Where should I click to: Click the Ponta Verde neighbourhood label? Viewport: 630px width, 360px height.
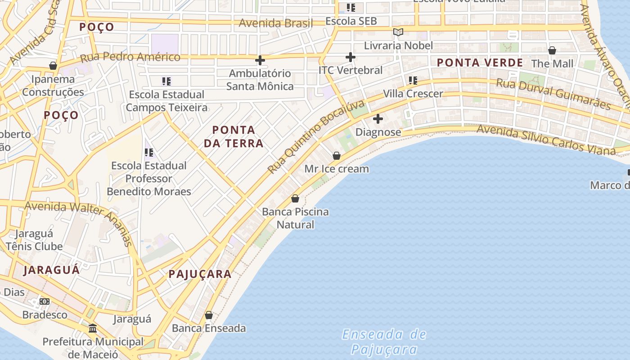480,63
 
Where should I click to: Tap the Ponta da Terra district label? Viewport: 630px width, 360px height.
234,137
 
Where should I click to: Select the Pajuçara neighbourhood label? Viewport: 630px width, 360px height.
200,274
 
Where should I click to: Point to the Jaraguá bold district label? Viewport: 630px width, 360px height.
52,270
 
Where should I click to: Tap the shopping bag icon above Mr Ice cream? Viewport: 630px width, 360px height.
336,156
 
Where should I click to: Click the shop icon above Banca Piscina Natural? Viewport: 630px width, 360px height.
295,198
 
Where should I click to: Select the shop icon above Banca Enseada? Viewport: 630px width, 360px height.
209,315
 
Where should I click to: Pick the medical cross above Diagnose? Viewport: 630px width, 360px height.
378,119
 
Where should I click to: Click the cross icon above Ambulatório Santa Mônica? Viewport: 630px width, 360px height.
260,60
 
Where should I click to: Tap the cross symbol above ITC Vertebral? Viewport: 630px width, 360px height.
350,57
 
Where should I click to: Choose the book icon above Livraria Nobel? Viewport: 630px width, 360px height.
398,32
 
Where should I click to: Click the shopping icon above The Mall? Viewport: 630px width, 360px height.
552,50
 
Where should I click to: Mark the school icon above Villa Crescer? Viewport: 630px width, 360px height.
413,81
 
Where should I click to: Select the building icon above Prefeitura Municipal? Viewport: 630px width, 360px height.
93,328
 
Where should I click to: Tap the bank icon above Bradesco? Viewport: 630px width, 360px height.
45,301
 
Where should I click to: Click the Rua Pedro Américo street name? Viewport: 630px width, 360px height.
130,57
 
